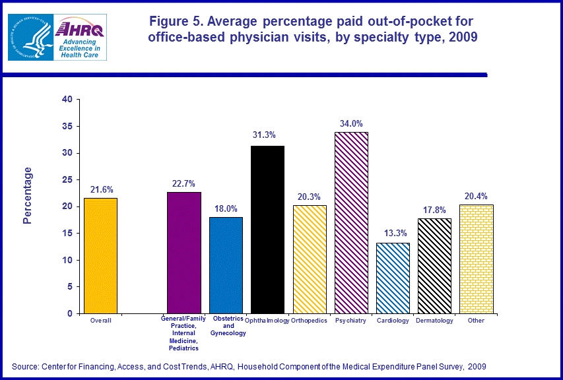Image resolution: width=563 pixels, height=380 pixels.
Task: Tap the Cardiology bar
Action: pos(393,278)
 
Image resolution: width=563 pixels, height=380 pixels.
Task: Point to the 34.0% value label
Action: pos(351,123)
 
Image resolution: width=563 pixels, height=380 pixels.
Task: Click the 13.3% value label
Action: pos(393,234)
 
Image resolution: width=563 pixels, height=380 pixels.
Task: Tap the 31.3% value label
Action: pos(267,135)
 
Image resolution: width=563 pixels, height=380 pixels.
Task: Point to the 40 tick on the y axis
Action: pos(67,100)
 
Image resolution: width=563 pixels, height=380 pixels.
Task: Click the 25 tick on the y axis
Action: pos(67,180)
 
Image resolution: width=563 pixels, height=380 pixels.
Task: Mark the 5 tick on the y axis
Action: pos(69,287)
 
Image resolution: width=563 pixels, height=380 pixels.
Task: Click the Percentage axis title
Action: pos(28,196)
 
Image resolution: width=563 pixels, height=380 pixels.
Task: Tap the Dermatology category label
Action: pos(434,321)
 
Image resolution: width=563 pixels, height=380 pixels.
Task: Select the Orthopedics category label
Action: pos(310,321)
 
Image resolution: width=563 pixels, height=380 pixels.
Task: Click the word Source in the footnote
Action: pos(26,365)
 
